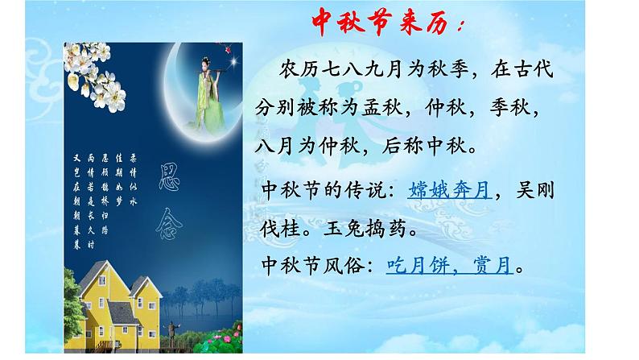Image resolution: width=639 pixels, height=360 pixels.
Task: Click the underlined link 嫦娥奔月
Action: (x=449, y=191)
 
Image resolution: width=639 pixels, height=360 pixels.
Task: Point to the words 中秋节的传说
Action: (x=324, y=191)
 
